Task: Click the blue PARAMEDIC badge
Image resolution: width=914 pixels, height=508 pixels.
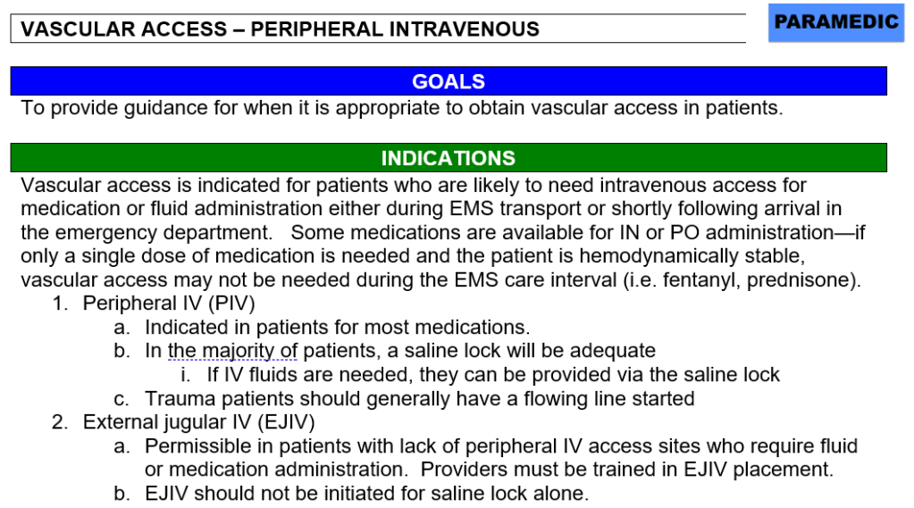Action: click(836, 22)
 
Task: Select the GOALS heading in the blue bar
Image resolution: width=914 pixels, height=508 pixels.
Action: click(449, 81)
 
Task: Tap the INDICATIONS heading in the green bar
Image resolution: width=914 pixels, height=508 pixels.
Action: click(449, 158)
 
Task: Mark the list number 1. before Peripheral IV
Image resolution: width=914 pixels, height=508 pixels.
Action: click(61, 303)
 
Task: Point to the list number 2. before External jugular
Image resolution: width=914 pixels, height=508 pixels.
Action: click(60, 421)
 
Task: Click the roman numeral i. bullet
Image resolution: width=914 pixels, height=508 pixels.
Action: click(185, 375)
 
